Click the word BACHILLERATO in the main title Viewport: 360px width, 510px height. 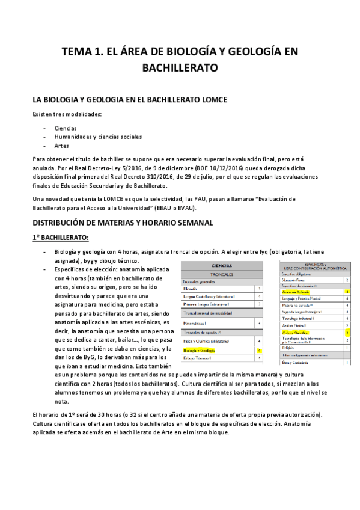coord(180,69)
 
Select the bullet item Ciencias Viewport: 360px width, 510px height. coord(66,128)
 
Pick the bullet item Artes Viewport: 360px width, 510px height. coord(61,146)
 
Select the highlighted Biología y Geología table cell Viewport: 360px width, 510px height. coord(201,349)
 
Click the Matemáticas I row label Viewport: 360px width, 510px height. coord(198,323)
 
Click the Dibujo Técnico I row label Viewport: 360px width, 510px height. coord(198,358)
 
